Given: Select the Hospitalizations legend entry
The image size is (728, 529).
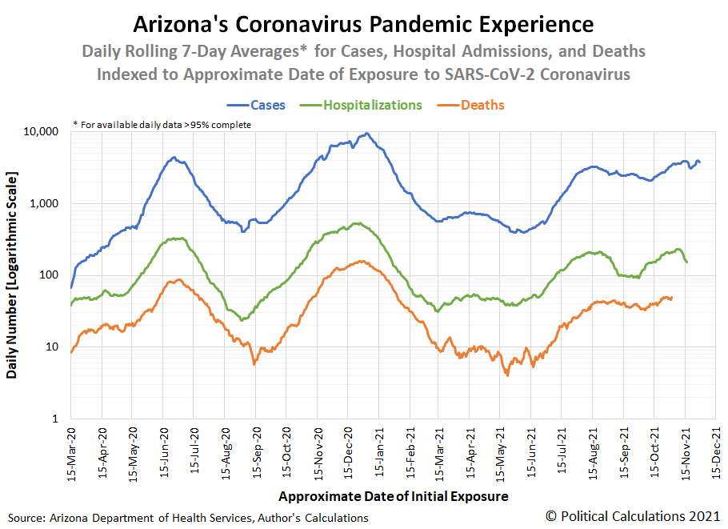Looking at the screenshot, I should [373, 105].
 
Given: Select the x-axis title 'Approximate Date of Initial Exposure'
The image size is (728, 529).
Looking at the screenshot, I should [394, 497].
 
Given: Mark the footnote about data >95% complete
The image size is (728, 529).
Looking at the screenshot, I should [162, 124].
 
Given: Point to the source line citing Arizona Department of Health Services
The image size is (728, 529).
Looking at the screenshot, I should [189, 518].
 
